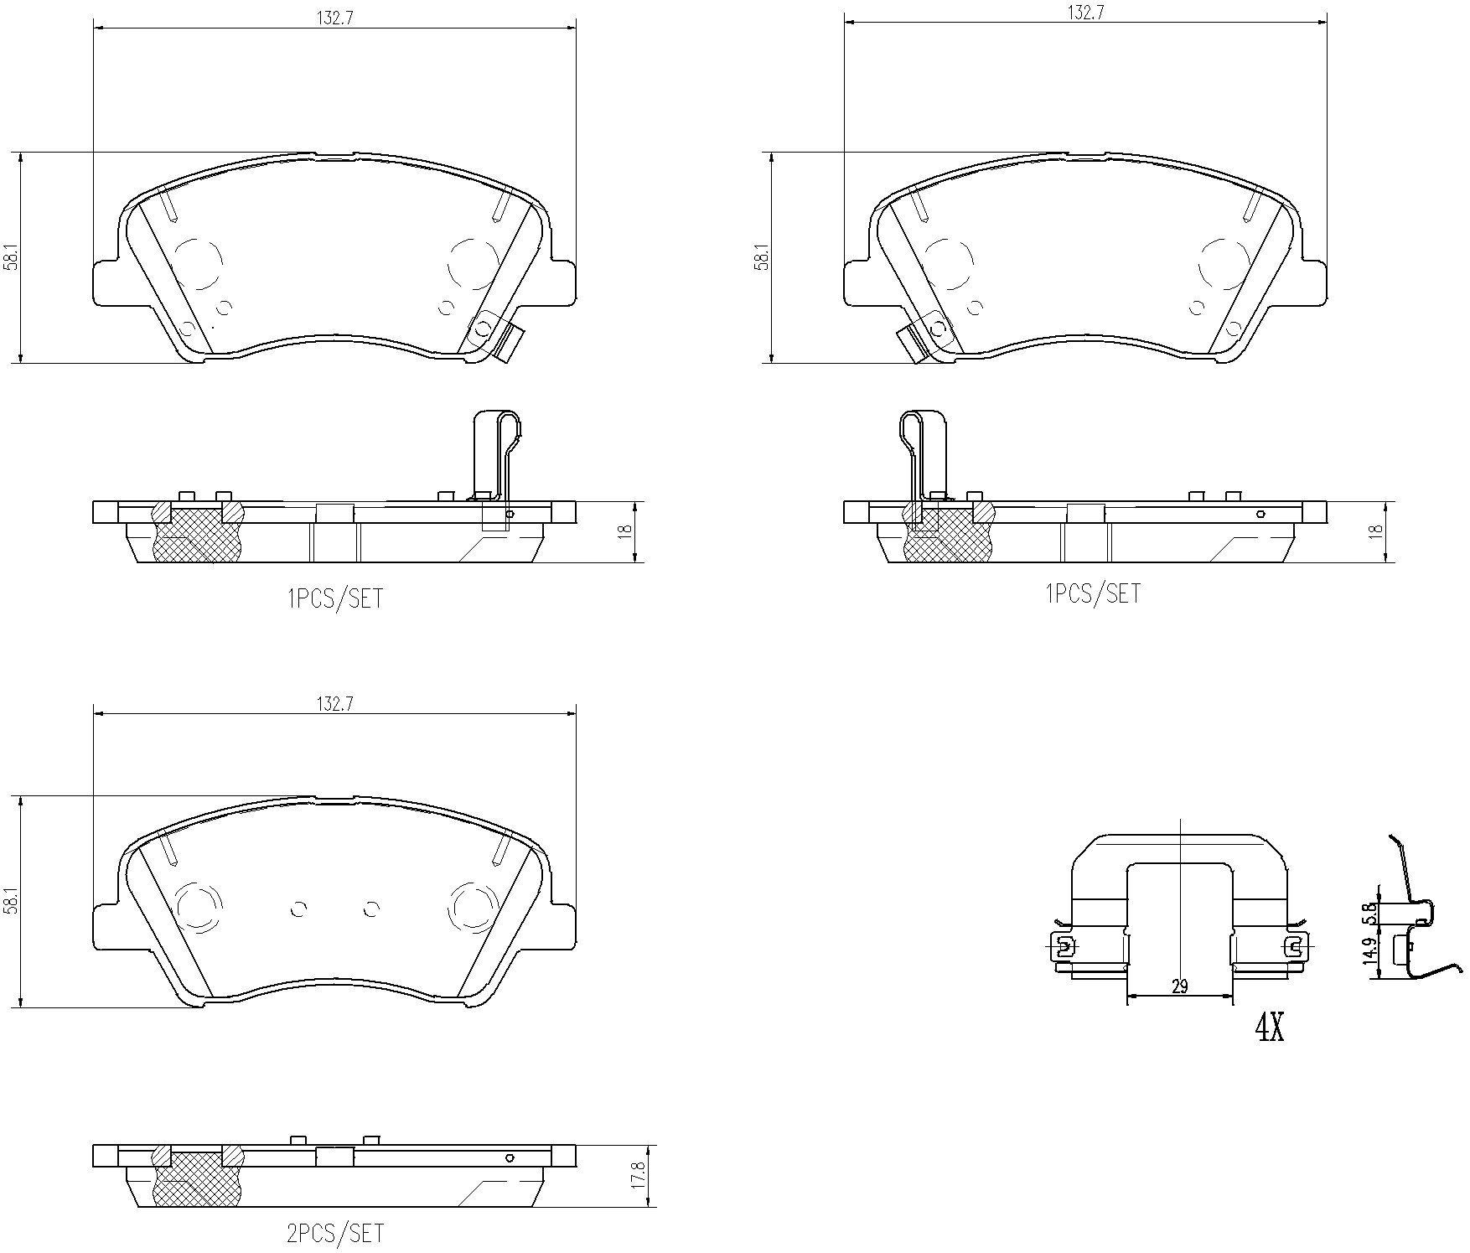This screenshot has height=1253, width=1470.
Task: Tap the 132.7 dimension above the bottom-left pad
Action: click(x=334, y=705)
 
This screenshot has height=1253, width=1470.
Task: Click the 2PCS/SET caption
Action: click(x=335, y=1233)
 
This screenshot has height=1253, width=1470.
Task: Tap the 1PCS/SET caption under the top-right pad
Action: click(x=1093, y=593)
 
